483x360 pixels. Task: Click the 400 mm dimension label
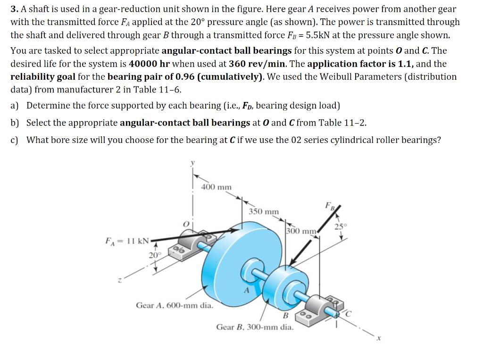pos(217,187)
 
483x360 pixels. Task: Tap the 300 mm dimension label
pos(301,231)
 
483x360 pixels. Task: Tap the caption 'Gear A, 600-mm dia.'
pos(174,305)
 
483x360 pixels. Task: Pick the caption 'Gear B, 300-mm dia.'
pos(254,327)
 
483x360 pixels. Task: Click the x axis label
pos(377,338)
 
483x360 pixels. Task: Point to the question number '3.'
pos(15,9)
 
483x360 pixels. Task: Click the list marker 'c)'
pos(15,140)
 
